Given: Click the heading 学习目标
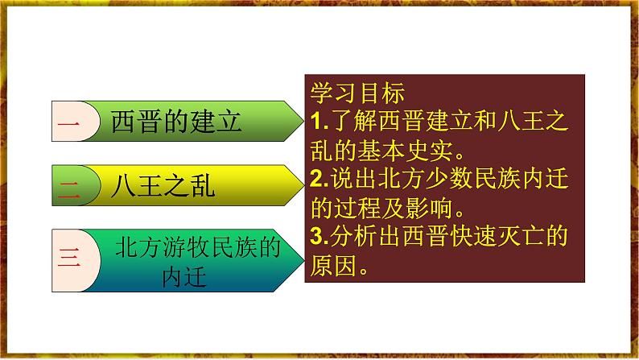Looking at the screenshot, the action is pos(357,93).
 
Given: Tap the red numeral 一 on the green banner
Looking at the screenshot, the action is pos(68,122).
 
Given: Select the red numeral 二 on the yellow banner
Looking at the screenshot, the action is pos(68,189).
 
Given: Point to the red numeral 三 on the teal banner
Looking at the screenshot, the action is pos(68,257).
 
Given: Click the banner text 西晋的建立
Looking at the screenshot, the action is pos(176,122).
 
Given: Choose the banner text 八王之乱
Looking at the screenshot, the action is pos(163,186).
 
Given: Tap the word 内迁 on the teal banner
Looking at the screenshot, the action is pos(184,277).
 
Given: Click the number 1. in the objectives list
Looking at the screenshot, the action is pos(319,121).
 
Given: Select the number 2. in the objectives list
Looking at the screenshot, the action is pos(319,179).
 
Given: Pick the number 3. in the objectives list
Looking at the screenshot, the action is pos(319,236).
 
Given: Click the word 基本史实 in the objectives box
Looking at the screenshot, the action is pos(405,151).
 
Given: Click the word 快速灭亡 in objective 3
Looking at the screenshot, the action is pos(497,236).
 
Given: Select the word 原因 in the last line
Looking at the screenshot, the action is pos(334,266).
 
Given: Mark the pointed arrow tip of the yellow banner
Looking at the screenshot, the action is pos(303,185).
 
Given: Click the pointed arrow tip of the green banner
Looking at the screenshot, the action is pos(303,121).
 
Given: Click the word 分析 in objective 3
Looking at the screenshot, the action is pos(353,236).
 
